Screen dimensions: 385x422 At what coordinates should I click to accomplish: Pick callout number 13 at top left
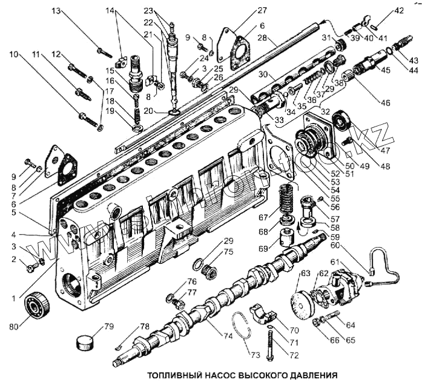click(x=56, y=11)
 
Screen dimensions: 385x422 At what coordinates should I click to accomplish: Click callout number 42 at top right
click(x=398, y=10)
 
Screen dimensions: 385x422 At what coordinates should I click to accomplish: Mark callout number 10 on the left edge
click(x=13, y=54)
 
